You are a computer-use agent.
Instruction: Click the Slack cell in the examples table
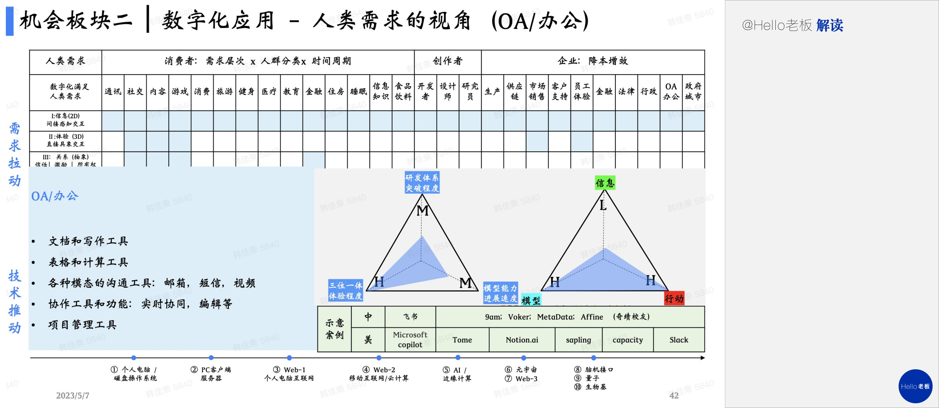(x=679, y=340)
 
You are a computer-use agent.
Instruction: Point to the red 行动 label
(x=674, y=299)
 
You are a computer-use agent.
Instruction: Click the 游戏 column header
(x=180, y=91)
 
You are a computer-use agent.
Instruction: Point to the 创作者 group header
(x=448, y=61)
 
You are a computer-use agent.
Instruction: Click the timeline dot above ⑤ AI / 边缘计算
(x=458, y=358)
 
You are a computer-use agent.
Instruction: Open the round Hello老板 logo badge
(x=915, y=386)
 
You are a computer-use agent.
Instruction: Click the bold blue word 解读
(x=830, y=25)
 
